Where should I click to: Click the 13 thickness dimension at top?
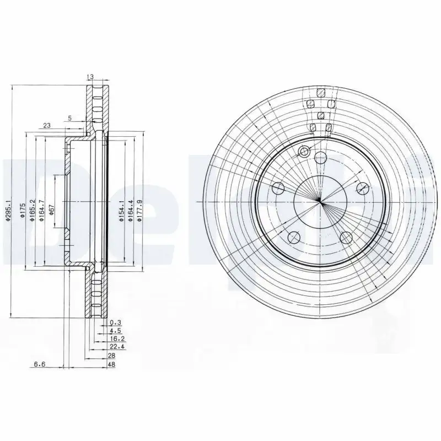[91, 77]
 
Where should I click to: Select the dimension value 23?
[46, 126]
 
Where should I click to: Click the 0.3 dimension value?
[115, 322]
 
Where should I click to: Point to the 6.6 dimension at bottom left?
[39, 364]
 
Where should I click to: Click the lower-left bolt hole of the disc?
[294, 237]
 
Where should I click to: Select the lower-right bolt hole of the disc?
[346, 237]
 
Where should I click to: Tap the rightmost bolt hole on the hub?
[362, 189]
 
